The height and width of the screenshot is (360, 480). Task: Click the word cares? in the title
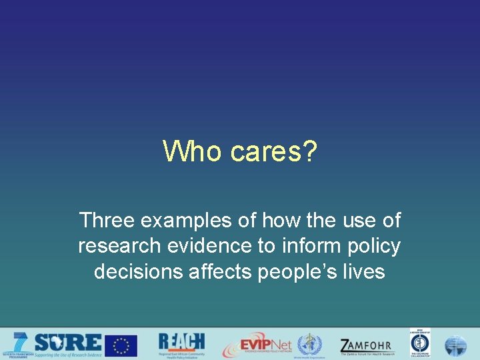click(x=273, y=151)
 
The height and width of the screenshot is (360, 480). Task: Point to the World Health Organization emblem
click(x=309, y=345)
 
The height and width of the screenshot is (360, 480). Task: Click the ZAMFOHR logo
click(x=366, y=346)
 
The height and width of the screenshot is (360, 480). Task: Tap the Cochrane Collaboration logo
click(x=420, y=344)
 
